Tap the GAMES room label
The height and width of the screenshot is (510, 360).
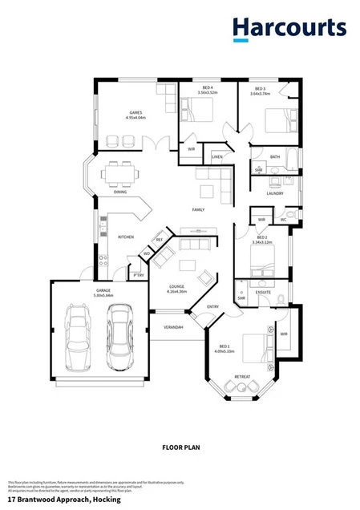pos(136,113)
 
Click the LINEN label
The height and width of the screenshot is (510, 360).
pos(216,156)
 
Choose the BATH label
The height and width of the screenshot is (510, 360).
pos(274,157)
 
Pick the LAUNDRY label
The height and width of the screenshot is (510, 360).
pos(275,193)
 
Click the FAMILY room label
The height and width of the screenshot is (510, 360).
pos(198,210)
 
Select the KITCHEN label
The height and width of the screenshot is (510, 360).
pos(126,237)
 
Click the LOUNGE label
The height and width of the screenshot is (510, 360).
pos(177,288)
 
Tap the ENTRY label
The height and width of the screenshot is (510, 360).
pos(212,306)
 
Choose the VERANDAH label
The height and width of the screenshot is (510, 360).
pos(173,327)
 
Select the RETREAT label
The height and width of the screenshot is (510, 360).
pos(242,375)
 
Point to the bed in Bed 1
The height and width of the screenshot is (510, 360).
pos(254,348)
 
